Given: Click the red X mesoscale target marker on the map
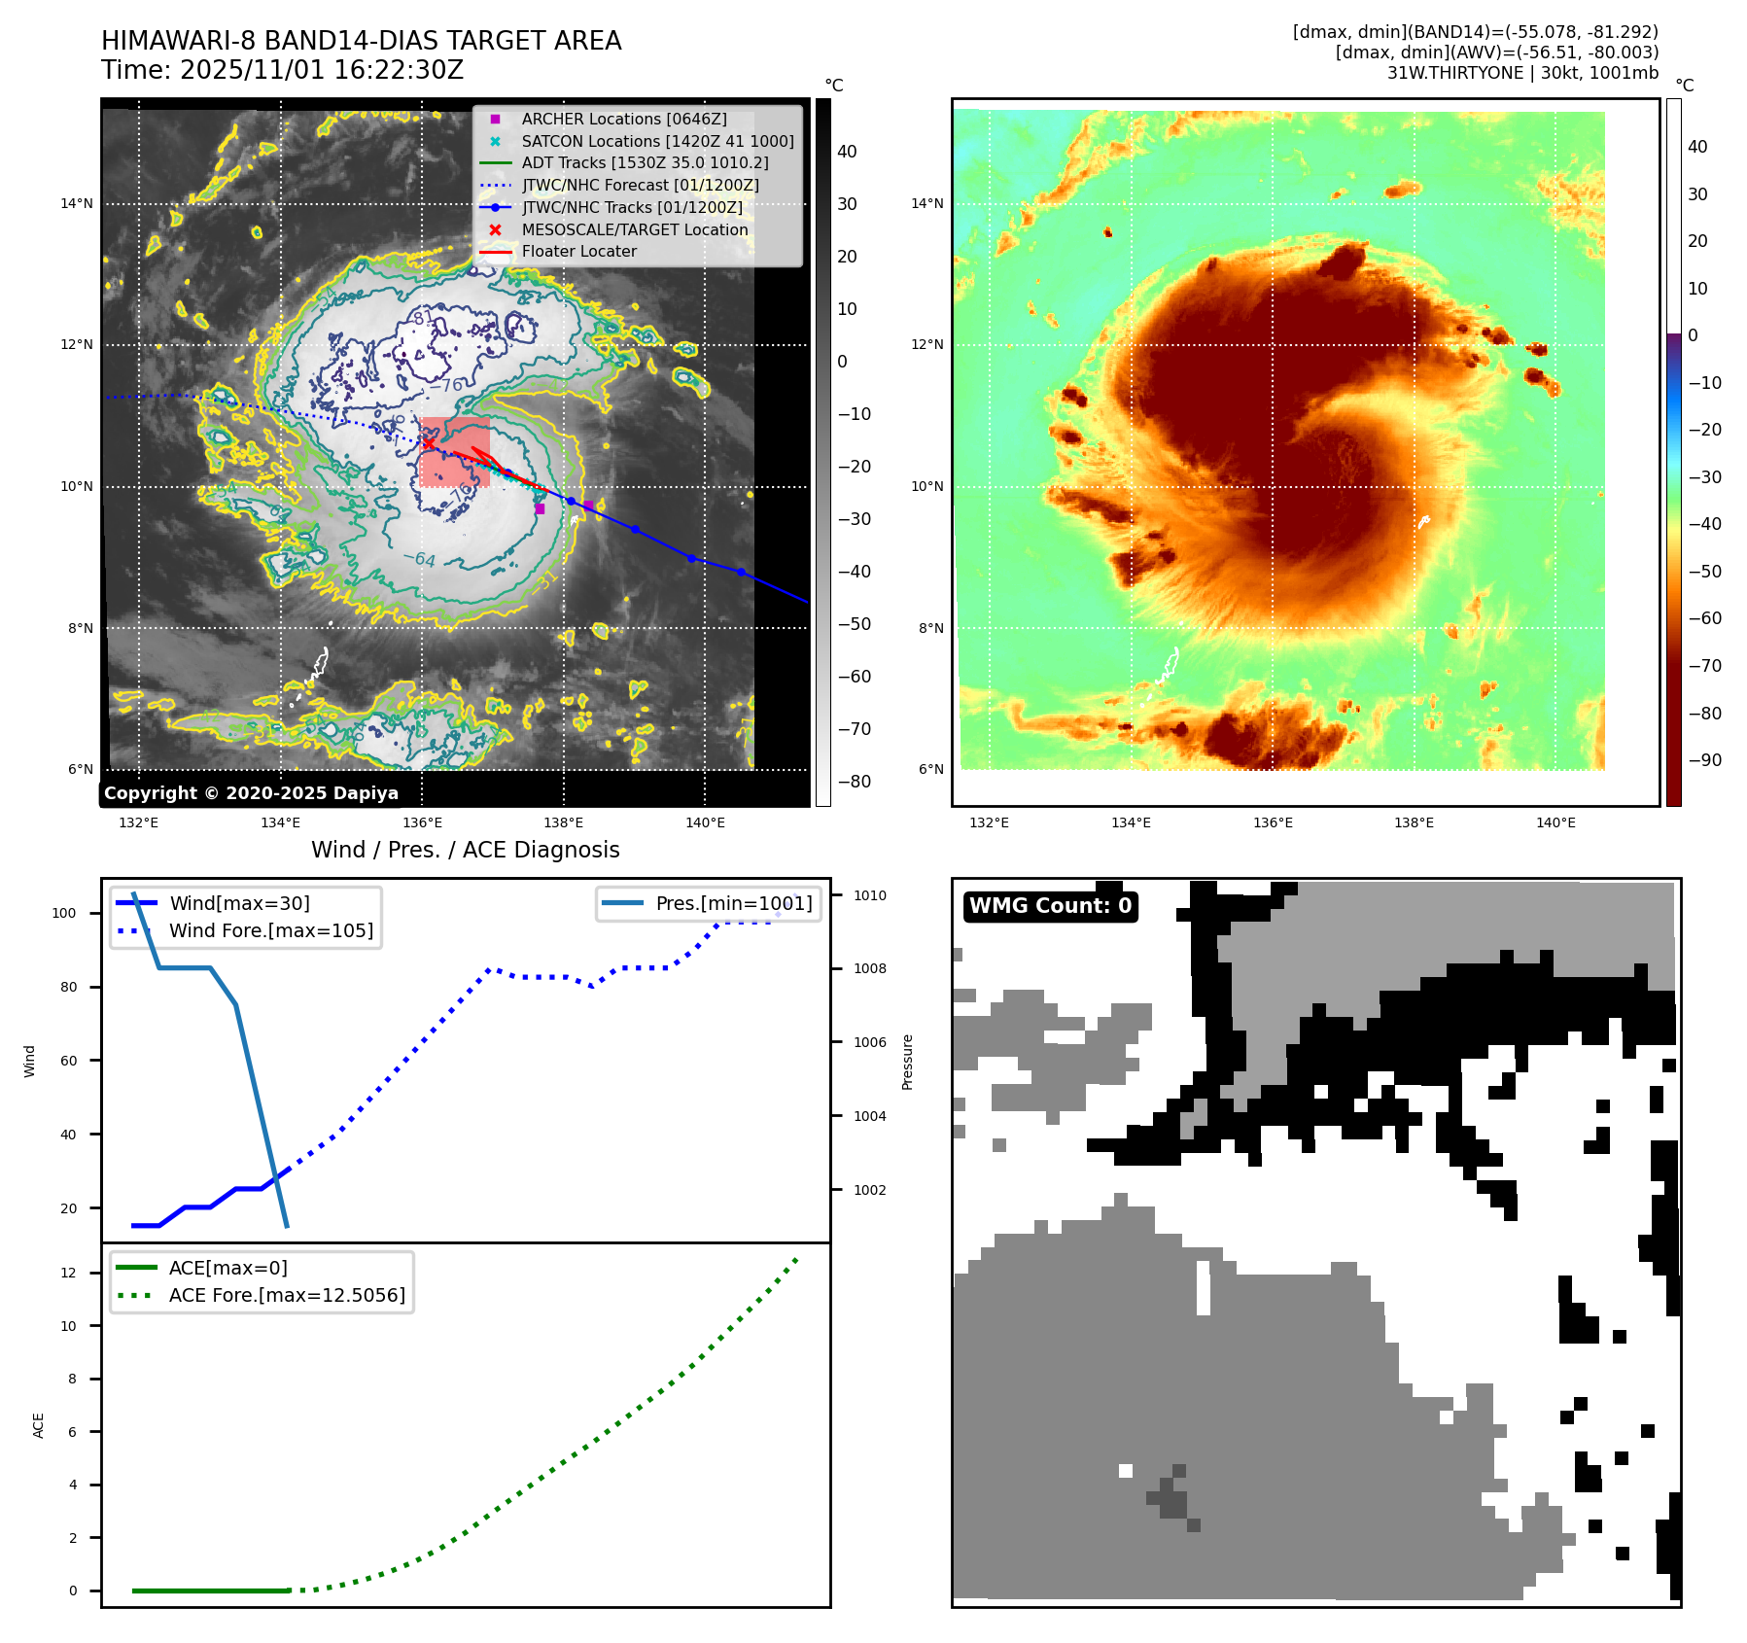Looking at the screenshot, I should [x=429, y=444].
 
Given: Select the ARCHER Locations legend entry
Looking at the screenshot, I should [x=623, y=119].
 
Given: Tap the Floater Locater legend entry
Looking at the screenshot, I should [x=578, y=251].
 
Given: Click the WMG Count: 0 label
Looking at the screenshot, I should [x=1050, y=906].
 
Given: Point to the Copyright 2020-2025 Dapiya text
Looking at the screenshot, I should [x=251, y=793].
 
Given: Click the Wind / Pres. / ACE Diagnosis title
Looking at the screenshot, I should [x=465, y=850].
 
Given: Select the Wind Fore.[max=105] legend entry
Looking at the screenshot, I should [x=270, y=930].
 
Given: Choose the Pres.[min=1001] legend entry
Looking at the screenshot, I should [x=733, y=903].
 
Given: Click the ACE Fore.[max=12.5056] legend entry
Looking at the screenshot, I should [x=286, y=1295].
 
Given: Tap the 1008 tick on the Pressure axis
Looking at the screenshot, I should [x=870, y=968].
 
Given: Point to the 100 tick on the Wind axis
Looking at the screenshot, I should [x=63, y=913].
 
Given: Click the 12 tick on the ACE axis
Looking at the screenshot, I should [x=68, y=1273].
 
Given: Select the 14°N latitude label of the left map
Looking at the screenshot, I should [x=77, y=203].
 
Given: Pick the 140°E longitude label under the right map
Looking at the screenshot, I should [x=1555, y=822].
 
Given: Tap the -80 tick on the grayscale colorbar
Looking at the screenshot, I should [x=855, y=782].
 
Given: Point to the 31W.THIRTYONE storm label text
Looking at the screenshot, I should [x=1454, y=73].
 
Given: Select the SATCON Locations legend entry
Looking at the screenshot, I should [x=657, y=141].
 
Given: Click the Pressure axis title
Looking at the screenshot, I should [x=907, y=1062].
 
